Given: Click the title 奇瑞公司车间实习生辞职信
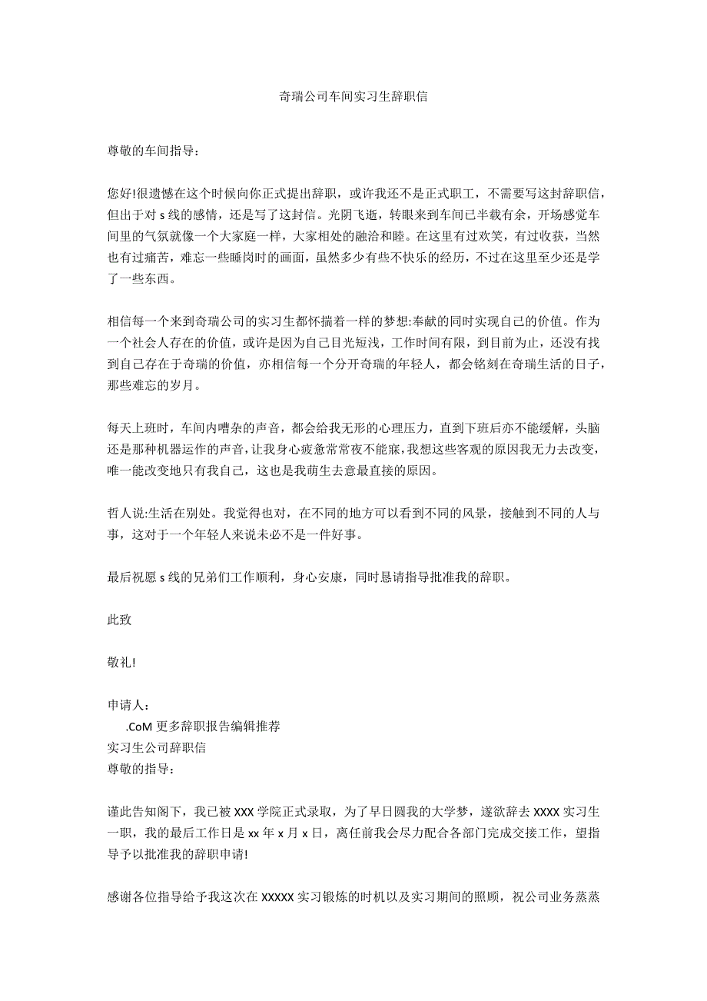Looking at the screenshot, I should point(353,98).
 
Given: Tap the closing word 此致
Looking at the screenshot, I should point(119,620).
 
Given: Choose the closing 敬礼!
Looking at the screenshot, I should point(121,663).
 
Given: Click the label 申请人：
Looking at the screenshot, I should point(128,705).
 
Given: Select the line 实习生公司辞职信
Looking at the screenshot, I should point(156,747).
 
